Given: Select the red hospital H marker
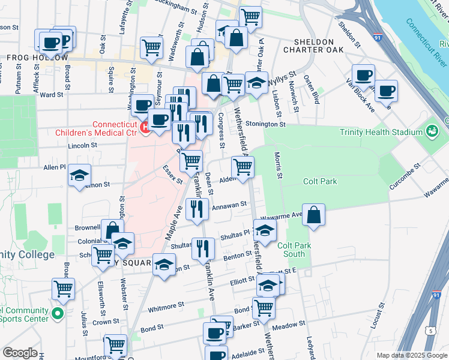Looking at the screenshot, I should pyautogui.click(x=144, y=127).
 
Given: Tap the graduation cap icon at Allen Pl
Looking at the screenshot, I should pyautogui.click(x=79, y=175).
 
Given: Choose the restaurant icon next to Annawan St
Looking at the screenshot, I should pyautogui.click(x=197, y=208).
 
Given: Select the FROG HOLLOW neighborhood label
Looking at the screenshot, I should pyautogui.click(x=37, y=58).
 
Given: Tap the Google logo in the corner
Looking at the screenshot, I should pyautogui.click(x=20, y=353).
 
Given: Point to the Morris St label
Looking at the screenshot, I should pyautogui.click(x=278, y=164).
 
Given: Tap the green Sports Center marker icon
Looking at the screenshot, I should pyautogui.click(x=57, y=313).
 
